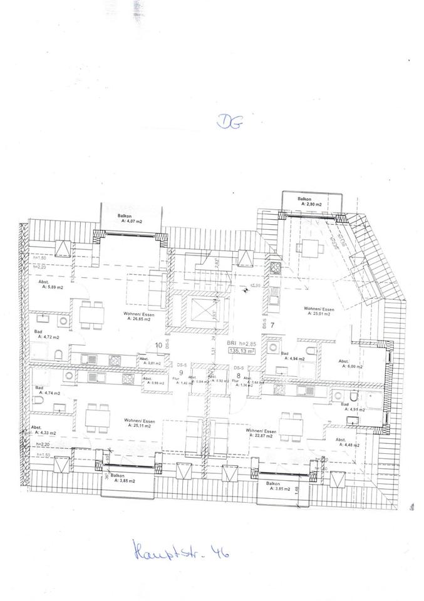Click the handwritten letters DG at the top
[x=227, y=122]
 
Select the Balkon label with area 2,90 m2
[x=311, y=202]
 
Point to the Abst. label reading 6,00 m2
[x=348, y=364]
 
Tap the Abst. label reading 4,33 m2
[x=44, y=430]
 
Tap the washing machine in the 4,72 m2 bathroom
[x=65, y=321]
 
